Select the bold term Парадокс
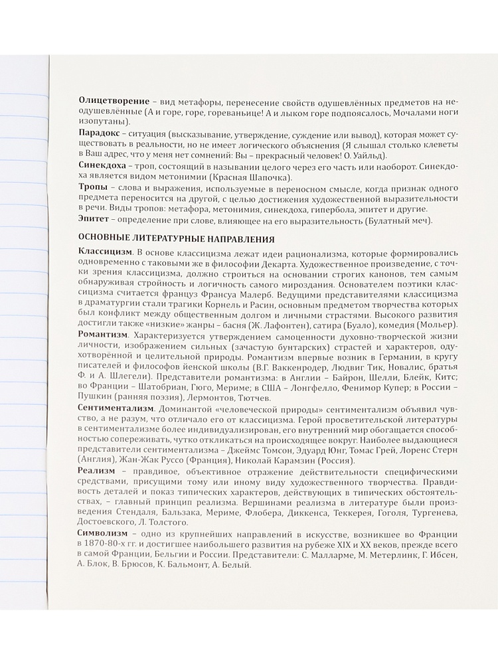(98, 134)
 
